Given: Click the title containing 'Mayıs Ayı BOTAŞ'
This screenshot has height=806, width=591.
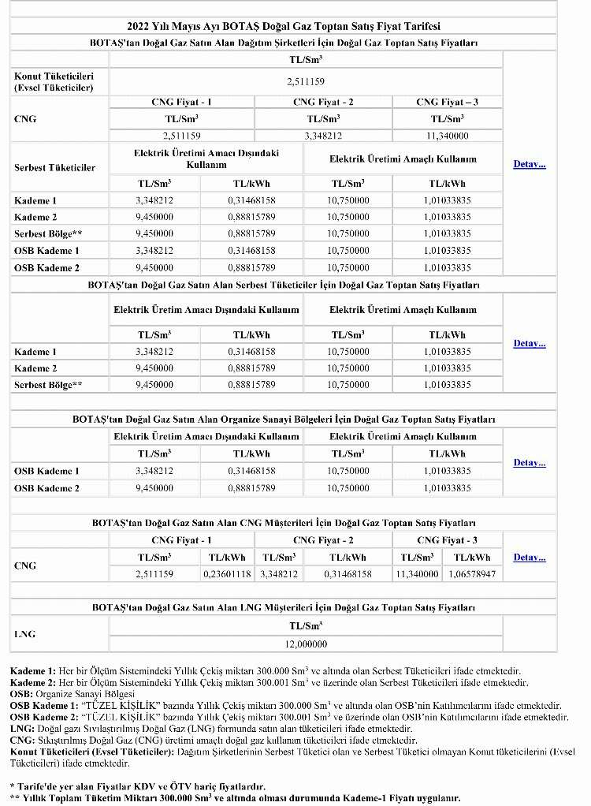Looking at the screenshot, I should [x=283, y=25].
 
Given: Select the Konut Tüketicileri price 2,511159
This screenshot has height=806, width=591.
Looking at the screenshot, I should [x=305, y=81].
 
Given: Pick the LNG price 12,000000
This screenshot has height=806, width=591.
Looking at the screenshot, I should [x=305, y=644].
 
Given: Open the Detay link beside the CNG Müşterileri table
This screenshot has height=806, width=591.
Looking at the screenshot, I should [x=530, y=557].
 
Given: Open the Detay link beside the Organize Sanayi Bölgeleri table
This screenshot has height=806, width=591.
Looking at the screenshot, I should [x=530, y=462].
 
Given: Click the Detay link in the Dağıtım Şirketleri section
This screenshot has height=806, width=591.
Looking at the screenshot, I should [x=530, y=165].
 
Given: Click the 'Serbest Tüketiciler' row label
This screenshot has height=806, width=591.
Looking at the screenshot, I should [x=55, y=168].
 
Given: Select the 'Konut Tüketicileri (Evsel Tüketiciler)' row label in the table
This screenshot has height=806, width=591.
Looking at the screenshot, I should [x=54, y=81].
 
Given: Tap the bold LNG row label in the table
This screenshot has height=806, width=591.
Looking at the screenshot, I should [x=24, y=634].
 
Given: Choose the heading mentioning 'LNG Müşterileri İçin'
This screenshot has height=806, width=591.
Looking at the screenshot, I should [x=283, y=608].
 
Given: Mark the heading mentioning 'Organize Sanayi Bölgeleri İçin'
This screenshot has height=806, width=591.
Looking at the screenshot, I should [x=283, y=419].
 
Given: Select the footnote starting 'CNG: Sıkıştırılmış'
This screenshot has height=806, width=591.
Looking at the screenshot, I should [x=213, y=741].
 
